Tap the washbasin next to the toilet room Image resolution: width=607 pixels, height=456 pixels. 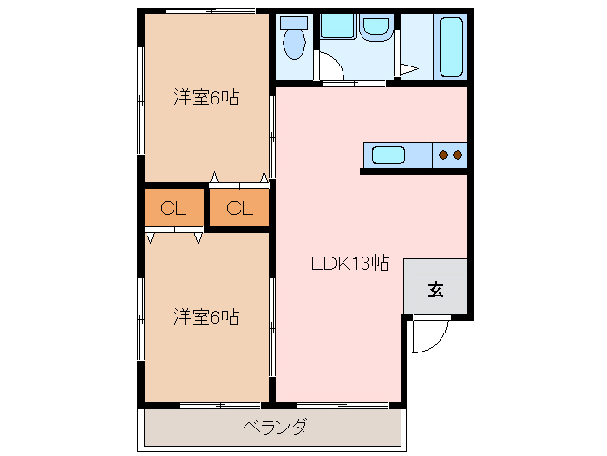341,28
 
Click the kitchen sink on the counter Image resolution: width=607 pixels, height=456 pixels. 388,154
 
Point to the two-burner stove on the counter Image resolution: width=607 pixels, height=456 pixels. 449,154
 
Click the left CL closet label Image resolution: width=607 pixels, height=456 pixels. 172,209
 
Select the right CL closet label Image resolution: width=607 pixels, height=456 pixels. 239,209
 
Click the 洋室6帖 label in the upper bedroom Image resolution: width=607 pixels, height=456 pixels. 206,97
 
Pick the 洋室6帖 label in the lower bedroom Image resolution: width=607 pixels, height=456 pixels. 206,315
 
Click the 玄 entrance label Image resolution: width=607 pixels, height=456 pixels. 435,291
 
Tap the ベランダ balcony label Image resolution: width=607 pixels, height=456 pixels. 274,427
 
